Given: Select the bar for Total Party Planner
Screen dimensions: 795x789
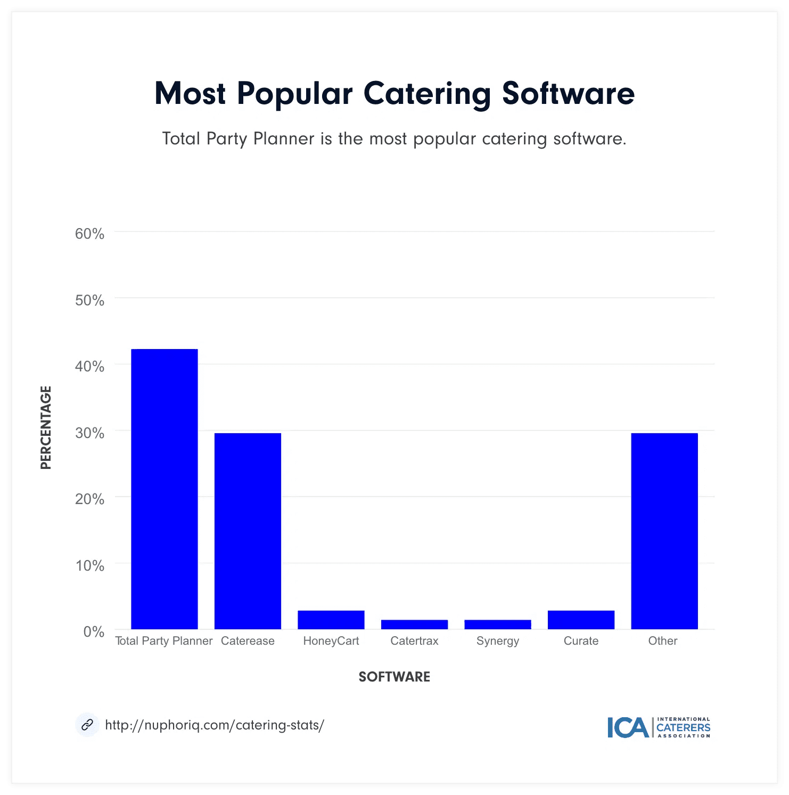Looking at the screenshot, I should tap(164, 489).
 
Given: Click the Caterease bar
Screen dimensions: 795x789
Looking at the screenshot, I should tap(248, 531).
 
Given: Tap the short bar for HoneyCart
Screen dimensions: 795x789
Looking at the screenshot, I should tap(331, 620).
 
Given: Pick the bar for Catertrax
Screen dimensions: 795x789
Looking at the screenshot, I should tap(414, 624).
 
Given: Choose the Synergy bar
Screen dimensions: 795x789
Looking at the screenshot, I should tap(497, 624).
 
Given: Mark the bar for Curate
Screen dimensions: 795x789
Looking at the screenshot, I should tap(581, 620).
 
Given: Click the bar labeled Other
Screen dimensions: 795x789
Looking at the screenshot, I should tap(664, 531).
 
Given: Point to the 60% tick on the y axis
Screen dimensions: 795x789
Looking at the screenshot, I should tap(89, 234).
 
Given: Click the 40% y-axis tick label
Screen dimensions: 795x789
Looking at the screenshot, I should tap(89, 367).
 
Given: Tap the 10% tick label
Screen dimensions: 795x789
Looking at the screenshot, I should tap(89, 565).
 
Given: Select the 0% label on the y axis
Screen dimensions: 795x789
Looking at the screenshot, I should tap(94, 632).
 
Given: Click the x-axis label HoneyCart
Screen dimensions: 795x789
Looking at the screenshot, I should tap(331, 641).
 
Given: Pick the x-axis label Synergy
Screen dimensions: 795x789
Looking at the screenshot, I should tap(497, 641).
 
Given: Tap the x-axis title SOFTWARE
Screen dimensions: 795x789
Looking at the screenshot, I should tap(394, 677).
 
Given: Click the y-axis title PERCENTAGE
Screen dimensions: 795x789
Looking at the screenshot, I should tap(46, 427).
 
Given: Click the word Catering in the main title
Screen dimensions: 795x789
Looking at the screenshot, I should tap(427, 94).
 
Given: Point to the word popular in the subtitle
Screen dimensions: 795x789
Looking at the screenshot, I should tap(445, 139).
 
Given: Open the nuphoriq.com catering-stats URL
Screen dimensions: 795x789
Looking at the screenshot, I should tap(214, 725).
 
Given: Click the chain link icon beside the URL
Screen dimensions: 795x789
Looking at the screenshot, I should tap(87, 725).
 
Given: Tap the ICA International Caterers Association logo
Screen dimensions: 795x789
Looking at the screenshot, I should tap(659, 727).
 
